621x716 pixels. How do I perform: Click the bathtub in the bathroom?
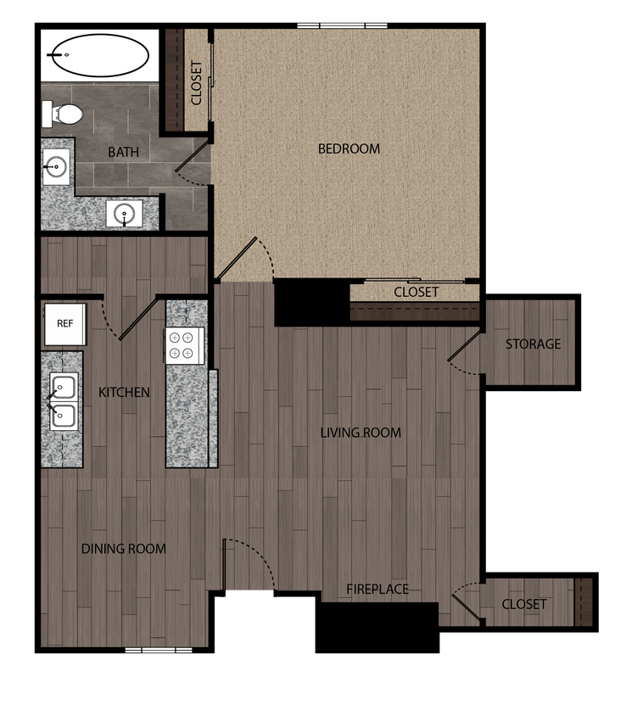tap(99, 56)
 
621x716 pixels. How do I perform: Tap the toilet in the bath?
tap(63, 112)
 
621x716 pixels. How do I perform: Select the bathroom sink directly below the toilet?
tap(58, 165)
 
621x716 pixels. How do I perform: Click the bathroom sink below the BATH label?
tap(125, 213)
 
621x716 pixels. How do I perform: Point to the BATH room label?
tap(123, 153)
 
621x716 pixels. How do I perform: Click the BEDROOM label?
tap(349, 148)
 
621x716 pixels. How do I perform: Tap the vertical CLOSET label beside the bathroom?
tap(197, 82)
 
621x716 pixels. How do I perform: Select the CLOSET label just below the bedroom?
tap(416, 292)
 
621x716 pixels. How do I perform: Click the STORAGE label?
tap(533, 344)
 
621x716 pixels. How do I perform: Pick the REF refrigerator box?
tap(64, 324)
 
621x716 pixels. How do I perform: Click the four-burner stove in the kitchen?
tap(185, 345)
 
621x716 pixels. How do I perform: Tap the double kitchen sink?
tap(64, 401)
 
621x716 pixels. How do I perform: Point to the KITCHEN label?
tap(124, 392)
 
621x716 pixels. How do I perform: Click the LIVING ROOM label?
tap(361, 433)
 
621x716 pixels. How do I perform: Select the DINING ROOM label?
tap(124, 549)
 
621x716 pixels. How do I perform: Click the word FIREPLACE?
tap(378, 589)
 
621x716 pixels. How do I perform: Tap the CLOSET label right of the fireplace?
tap(524, 604)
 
